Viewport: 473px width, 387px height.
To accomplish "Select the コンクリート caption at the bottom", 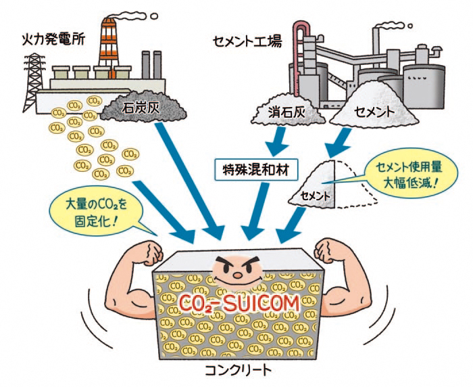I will [x=238, y=369].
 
